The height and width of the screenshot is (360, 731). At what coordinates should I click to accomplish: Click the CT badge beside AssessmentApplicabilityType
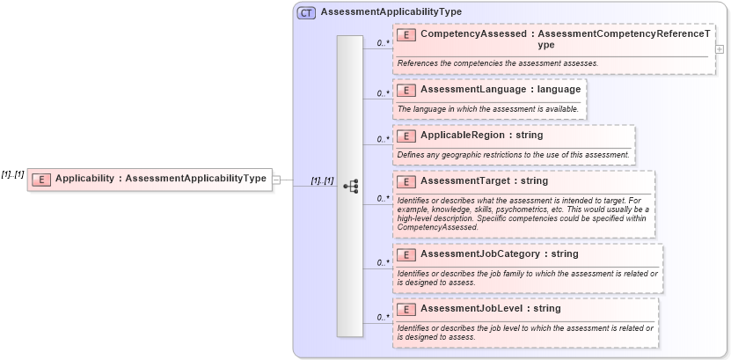coord(306,13)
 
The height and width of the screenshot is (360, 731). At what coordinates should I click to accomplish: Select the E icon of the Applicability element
coord(40,179)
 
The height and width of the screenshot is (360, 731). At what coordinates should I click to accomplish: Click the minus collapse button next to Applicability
coord(276,179)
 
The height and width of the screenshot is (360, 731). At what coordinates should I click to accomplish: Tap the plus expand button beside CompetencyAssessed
coord(720,49)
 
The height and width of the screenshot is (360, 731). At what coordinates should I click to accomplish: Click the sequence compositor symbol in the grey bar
coord(350,186)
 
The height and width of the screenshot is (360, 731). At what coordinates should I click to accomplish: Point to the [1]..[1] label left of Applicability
coord(13,174)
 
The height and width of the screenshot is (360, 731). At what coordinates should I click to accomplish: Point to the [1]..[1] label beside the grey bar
coord(322,180)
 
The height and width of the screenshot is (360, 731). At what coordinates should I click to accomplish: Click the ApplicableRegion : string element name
coord(481,136)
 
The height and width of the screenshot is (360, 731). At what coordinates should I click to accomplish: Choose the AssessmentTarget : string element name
coord(484,181)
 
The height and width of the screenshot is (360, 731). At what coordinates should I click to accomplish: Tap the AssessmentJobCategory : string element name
coord(499,254)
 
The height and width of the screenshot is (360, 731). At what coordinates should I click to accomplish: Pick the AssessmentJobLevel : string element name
coord(490,309)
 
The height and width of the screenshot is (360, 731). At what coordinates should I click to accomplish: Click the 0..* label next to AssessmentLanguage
coord(383,92)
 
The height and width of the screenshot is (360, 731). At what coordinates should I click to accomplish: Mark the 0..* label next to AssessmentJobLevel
coord(383,317)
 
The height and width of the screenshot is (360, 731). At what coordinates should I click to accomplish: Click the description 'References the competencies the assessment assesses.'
coord(497,63)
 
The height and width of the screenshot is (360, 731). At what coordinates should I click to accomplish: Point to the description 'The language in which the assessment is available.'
coord(488,109)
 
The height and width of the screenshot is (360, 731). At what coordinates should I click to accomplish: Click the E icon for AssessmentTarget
coord(406,181)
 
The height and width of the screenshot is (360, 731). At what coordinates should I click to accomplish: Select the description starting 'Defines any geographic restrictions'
coord(513,155)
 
